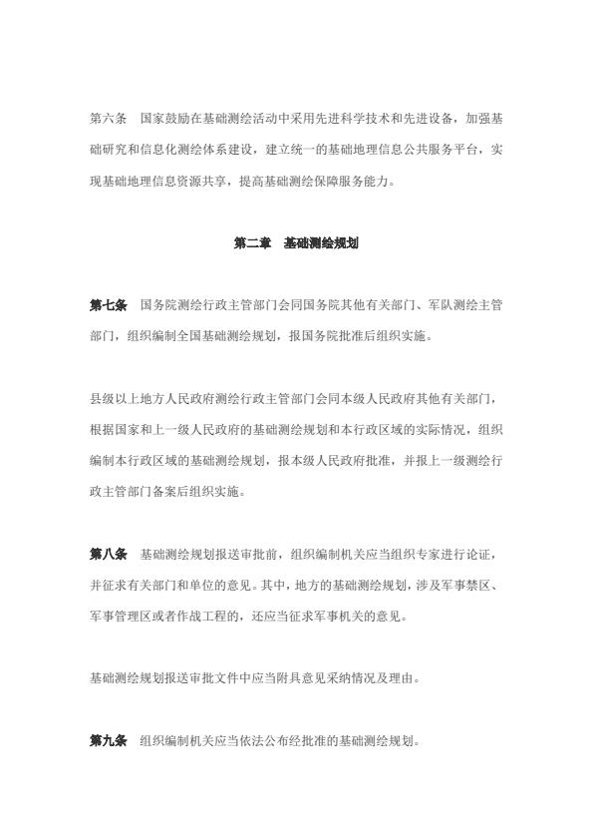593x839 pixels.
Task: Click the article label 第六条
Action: (108, 118)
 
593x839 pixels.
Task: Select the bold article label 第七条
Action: (108, 304)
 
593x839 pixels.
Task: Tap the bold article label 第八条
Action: (108, 554)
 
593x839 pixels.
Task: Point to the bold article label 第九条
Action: (108, 741)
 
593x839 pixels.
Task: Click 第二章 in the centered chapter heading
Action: (252, 242)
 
